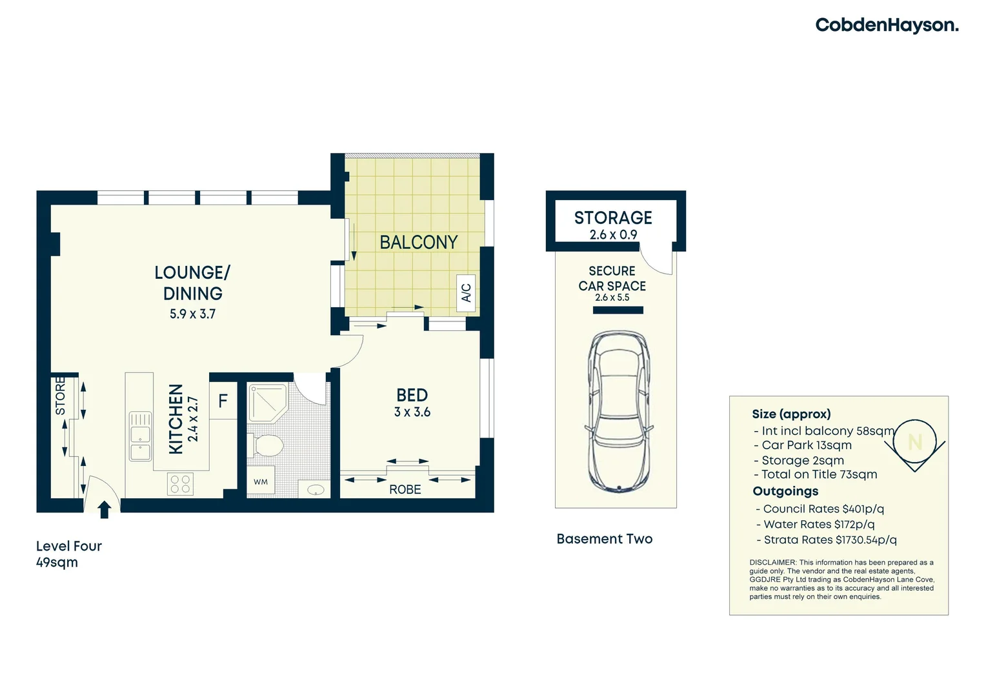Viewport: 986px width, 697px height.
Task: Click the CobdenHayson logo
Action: tap(887, 26)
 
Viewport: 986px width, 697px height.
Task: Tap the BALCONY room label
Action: tap(419, 243)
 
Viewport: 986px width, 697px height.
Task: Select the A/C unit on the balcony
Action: tap(466, 293)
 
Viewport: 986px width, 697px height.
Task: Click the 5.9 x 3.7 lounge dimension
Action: tap(193, 314)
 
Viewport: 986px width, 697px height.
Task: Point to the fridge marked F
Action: tap(223, 401)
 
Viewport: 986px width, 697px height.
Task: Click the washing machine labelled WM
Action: tap(261, 481)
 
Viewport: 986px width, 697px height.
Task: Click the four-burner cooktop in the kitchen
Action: tap(181, 484)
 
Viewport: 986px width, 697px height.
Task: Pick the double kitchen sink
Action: tap(141, 436)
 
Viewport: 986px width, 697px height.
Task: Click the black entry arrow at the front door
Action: tap(105, 509)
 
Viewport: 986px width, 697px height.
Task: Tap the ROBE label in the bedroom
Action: tap(405, 490)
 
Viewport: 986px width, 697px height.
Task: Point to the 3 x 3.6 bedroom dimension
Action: tap(412, 412)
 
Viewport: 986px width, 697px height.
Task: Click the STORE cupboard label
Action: tap(60, 396)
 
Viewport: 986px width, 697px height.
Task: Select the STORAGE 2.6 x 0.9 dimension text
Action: tap(614, 235)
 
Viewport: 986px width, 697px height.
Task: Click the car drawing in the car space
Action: tap(619, 411)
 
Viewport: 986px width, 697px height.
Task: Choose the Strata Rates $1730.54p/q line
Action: tap(827, 540)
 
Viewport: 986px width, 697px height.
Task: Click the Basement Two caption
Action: tap(605, 539)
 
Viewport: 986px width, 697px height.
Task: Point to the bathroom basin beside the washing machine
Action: tap(316, 490)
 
